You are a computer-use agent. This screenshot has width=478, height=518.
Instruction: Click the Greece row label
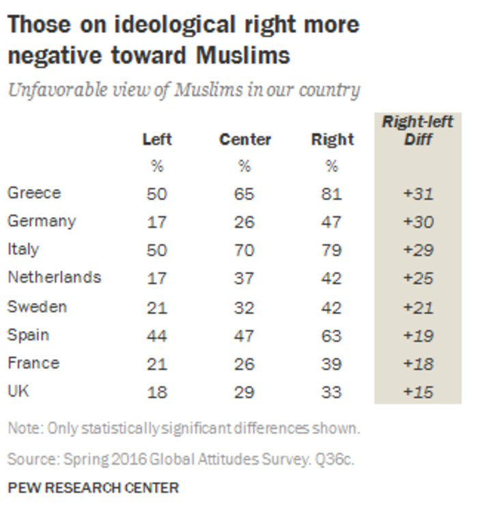click(x=34, y=193)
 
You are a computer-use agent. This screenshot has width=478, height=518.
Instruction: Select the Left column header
click(x=157, y=139)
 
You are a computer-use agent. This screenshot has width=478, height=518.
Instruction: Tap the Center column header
click(x=245, y=139)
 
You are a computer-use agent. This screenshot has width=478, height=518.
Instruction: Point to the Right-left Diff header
click(x=417, y=130)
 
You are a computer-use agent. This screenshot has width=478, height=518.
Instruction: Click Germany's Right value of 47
click(x=332, y=222)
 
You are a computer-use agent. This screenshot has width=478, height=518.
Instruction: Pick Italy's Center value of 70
click(x=244, y=250)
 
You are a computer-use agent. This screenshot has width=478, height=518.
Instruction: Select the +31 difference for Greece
click(x=418, y=193)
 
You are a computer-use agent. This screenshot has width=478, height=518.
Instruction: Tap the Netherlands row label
click(x=54, y=277)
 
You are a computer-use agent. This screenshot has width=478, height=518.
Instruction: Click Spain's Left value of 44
click(x=157, y=335)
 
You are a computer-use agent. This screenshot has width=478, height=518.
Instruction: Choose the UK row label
click(x=18, y=392)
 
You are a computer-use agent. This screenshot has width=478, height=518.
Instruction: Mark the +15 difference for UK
click(x=418, y=392)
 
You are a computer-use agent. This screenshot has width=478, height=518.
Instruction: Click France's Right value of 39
click(x=332, y=363)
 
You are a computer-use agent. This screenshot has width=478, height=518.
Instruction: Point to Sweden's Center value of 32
click(x=244, y=306)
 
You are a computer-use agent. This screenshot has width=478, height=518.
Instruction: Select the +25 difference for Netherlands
click(x=418, y=278)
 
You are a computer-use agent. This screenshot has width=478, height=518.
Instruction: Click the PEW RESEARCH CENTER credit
click(x=93, y=487)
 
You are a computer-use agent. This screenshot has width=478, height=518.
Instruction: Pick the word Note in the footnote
click(x=24, y=429)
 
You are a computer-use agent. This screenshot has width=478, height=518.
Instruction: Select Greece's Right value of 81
click(x=332, y=193)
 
